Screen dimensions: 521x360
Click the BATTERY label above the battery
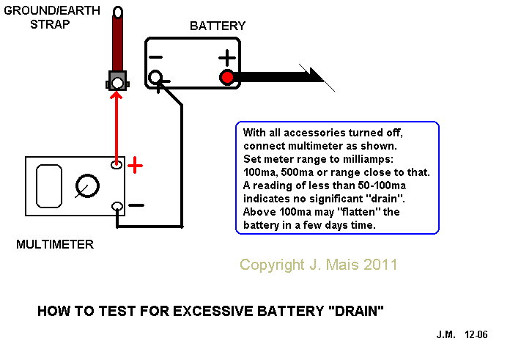coord(218,26)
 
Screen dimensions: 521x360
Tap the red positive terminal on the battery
coord(227,78)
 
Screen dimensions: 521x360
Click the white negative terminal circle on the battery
coord(155,78)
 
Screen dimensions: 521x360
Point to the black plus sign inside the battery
coord(227,57)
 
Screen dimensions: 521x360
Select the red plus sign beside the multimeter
coord(135,165)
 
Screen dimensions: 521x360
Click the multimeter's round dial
coord(87,185)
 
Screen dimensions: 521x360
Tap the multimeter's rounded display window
coord(49,186)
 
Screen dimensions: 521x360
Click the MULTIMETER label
coord(55,245)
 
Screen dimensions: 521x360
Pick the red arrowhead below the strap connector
coord(117,95)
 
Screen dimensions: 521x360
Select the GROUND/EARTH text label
coord(52,11)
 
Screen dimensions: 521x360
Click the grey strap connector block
coord(117,81)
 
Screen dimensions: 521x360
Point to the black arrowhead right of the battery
coord(317,75)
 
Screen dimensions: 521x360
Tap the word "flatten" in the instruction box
coord(357,212)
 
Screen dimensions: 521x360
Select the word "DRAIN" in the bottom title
coord(355,311)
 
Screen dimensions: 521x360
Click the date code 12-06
coord(476,334)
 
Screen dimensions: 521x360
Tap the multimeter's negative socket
coord(117,207)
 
